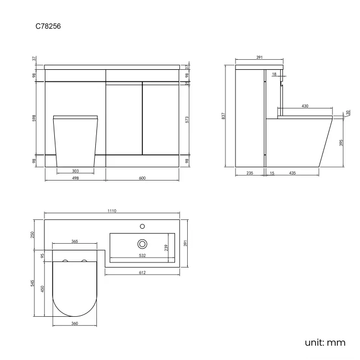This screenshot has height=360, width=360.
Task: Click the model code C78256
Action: coord(48,26)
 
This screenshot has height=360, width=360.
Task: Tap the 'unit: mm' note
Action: coord(325,342)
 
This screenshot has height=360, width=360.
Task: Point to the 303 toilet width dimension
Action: coord(75,172)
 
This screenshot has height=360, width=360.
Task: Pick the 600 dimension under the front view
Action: coord(142,178)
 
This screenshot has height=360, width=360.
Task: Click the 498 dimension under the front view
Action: coord(75,178)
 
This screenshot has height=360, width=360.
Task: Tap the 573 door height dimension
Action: coord(187,119)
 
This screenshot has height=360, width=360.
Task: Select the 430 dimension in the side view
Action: coord(305,106)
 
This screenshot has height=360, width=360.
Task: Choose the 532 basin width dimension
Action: coord(142,255)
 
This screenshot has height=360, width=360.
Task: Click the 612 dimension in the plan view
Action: coord(142,273)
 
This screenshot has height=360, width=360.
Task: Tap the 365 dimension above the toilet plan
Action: coord(75,241)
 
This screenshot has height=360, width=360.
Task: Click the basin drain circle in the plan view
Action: coord(142,243)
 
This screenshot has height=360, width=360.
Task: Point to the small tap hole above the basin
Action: coord(142,226)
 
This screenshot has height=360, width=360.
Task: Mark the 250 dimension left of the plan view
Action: coord(34,235)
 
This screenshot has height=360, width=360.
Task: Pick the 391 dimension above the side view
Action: coord(259,57)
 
